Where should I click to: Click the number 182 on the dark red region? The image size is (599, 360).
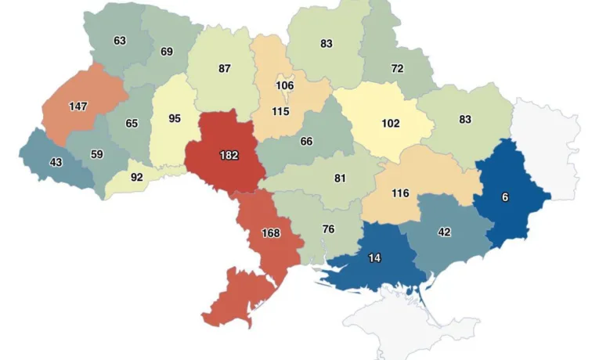click(229, 156)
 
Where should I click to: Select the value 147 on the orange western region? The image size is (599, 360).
click(78, 106)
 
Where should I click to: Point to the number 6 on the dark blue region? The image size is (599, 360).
click(505, 197)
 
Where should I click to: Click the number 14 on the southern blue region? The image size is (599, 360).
click(375, 257)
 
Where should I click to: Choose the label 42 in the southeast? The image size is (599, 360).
click(444, 232)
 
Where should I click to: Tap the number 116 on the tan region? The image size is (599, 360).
click(400, 193)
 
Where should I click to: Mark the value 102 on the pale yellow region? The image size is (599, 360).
click(390, 123)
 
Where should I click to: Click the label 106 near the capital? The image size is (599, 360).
click(284, 85)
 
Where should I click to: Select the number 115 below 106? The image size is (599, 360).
click(280, 111)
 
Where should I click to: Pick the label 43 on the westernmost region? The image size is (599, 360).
click(56, 161)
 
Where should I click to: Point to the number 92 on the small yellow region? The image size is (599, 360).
click(137, 177)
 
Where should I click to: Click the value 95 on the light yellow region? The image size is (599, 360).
click(175, 119)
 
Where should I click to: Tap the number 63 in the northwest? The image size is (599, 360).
click(120, 40)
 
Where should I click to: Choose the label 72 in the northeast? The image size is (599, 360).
click(397, 68)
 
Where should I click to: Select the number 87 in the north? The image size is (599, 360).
click(225, 68)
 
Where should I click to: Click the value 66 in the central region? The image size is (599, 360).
click(306, 141)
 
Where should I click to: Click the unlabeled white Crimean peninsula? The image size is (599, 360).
click(407, 321)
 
